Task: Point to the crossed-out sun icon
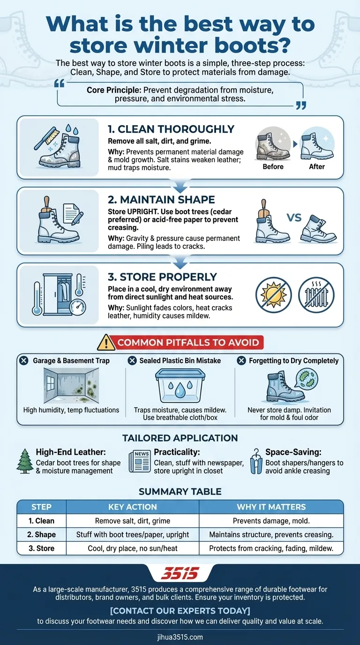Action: pyautogui.click(x=273, y=295)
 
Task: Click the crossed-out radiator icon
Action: pyautogui.click(x=316, y=295)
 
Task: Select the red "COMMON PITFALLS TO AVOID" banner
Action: pyautogui.click(x=187, y=343)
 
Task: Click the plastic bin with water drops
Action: pyautogui.click(x=180, y=387)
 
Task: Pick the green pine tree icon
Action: pyautogui.click(x=24, y=461)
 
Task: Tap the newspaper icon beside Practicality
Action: pyautogui.click(x=140, y=461)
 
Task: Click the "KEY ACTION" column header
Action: pyautogui.click(x=132, y=507)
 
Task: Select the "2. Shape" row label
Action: pyautogui.click(x=41, y=534)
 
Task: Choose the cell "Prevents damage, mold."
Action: pyautogui.click(x=271, y=521)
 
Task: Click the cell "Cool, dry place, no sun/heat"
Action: pyautogui.click(x=132, y=548)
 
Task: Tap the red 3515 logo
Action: pyautogui.click(x=180, y=573)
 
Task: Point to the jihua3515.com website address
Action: pyautogui.click(x=180, y=637)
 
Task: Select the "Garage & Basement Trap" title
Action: pyautogui.click(x=71, y=360)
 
